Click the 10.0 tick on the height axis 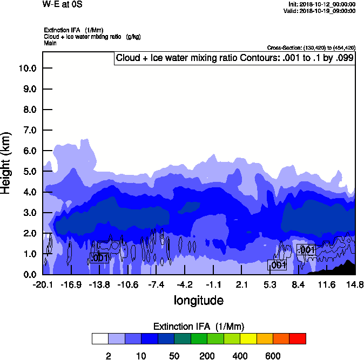click(27, 69)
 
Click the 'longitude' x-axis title click(198, 300)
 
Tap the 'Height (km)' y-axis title click(6, 162)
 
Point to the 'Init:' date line click(322, 4)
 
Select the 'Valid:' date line click(320, 11)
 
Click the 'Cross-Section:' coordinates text click(311, 47)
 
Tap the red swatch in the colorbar click(298, 339)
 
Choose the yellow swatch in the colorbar click(248, 339)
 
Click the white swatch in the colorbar click(99, 339)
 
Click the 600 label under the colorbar click(273, 356)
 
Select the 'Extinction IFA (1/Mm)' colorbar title click(199, 327)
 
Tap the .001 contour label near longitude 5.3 click(277, 265)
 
